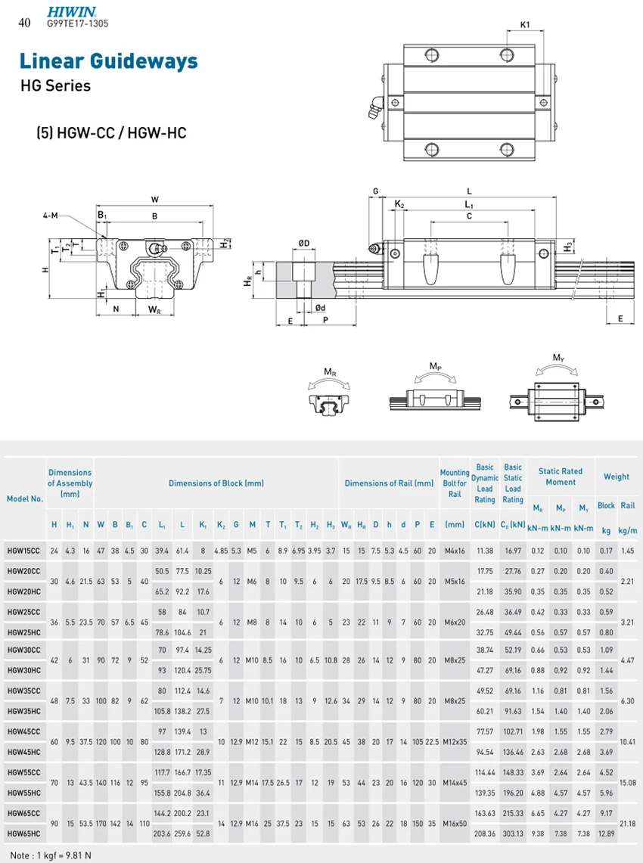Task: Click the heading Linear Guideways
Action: pyautogui.click(x=108, y=61)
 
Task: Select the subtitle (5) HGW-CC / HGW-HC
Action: pyautogui.click(x=111, y=133)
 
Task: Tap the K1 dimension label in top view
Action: pyautogui.click(x=525, y=25)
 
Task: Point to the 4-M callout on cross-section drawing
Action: pyautogui.click(x=51, y=216)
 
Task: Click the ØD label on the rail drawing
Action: pyautogui.click(x=303, y=243)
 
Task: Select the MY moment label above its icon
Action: pyautogui.click(x=558, y=358)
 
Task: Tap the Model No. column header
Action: pyautogui.click(x=25, y=498)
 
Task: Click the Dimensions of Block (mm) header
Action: pyautogui.click(x=216, y=483)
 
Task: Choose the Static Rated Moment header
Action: pyautogui.click(x=561, y=477)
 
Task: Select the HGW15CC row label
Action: pyautogui.click(x=25, y=551)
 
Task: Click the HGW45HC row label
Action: pyautogui.click(x=25, y=752)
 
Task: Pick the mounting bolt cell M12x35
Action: pyautogui.click(x=455, y=742)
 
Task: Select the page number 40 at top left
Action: pyautogui.click(x=24, y=23)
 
